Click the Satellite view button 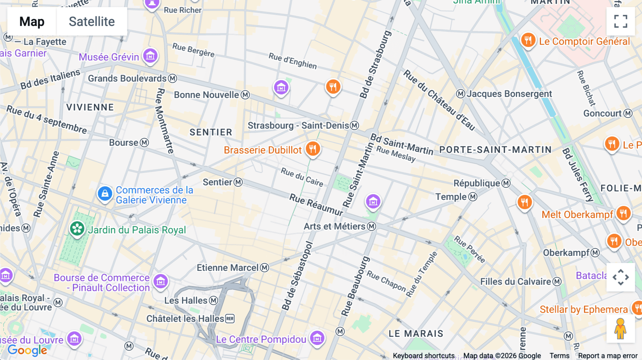coord(92,21)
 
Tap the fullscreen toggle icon coord(621,21)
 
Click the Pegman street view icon coord(620,329)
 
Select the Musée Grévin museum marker coord(150,56)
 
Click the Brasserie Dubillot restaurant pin coord(313,149)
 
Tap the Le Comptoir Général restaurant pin coord(528,40)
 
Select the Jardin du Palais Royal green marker coord(77,229)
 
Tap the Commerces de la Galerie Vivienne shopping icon coord(105,194)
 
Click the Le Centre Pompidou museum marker coord(317,338)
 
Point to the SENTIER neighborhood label coord(211,132)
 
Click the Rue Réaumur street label coord(316,205)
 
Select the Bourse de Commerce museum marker coord(160,281)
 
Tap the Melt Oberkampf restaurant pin coord(623,214)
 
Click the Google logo coord(27,350)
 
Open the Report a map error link coord(607,356)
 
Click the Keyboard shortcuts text coord(423,356)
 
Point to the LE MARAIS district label coord(416,334)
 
